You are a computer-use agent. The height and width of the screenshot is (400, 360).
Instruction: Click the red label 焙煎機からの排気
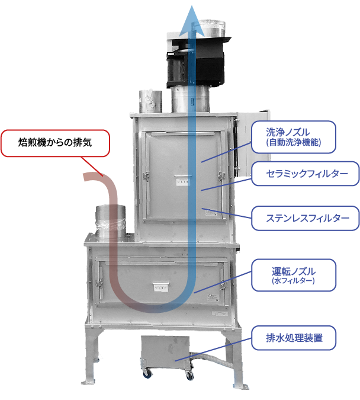point(55,143)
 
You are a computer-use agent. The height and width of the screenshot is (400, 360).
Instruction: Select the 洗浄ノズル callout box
point(294,137)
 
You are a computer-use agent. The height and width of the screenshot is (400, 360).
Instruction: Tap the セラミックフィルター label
point(306,174)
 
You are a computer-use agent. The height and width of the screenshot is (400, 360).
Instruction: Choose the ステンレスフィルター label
point(306,218)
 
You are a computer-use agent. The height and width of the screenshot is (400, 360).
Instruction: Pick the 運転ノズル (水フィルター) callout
point(294,275)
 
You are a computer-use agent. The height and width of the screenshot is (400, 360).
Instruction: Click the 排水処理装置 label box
point(294,338)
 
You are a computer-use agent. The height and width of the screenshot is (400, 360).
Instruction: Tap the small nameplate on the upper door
point(182,182)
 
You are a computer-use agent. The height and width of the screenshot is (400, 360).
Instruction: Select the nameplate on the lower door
point(160,287)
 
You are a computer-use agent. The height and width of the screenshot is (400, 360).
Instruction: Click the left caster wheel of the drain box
point(147,373)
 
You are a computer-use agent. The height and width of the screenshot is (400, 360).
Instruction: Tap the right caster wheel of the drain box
point(189,375)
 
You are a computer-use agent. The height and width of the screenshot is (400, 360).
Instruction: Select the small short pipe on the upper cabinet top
point(150,101)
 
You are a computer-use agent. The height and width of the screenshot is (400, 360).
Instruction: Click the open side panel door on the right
point(253,143)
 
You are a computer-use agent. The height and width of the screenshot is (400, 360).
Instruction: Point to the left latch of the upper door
point(146,177)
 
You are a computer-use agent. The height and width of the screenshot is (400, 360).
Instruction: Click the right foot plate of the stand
point(241,386)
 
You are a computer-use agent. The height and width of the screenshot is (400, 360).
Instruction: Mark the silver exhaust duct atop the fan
point(212,27)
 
